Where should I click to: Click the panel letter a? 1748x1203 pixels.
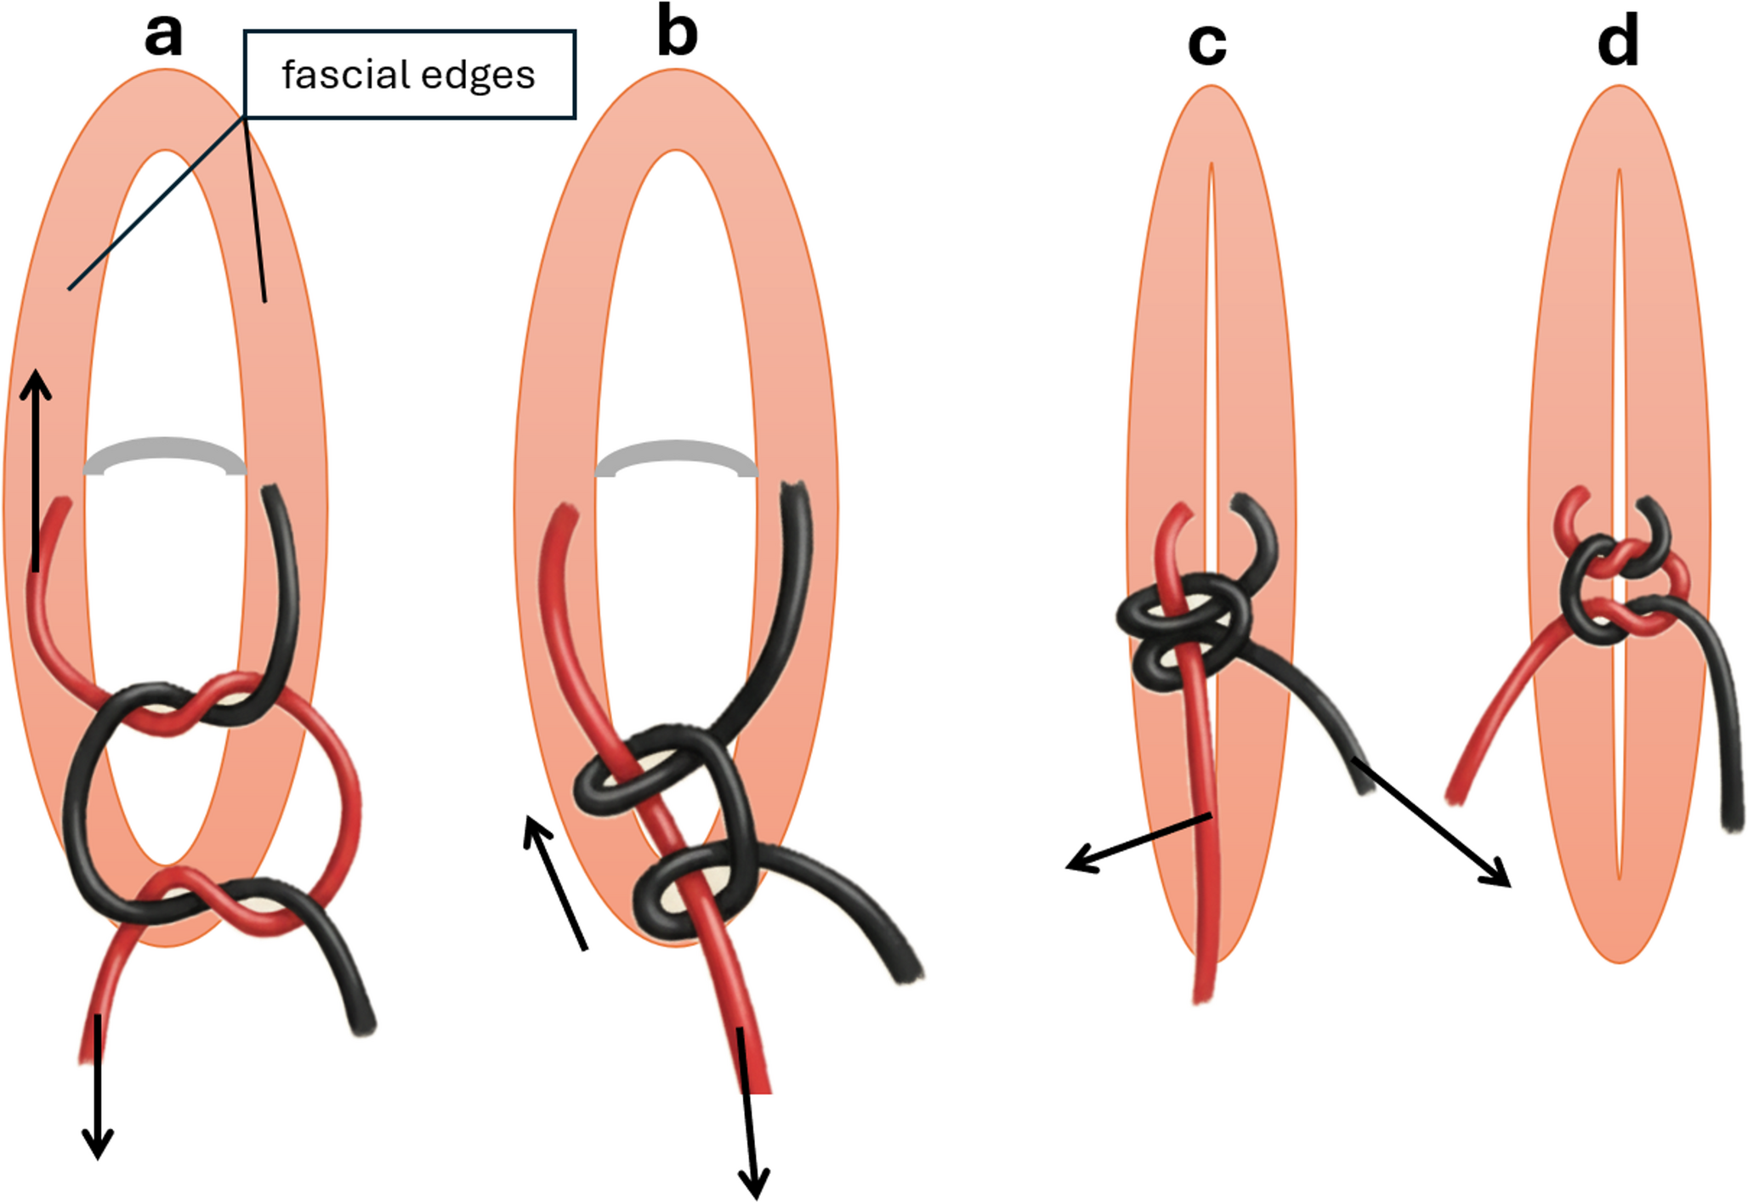[163, 37]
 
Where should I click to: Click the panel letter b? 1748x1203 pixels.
[678, 36]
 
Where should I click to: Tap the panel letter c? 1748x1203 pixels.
[1207, 44]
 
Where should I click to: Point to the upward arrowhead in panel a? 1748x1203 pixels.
[36, 383]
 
